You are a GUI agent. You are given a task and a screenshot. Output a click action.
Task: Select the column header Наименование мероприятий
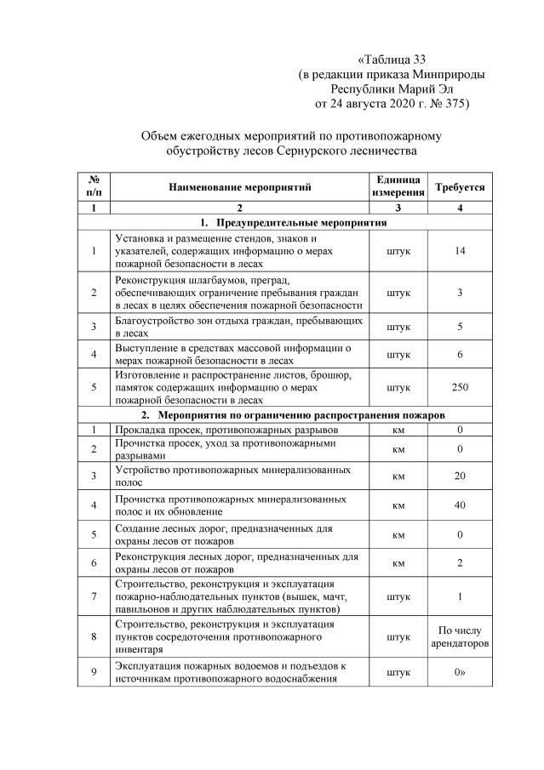[x=239, y=186]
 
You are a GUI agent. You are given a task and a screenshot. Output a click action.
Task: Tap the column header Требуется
[x=460, y=186]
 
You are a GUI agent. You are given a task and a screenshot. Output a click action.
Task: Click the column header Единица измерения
[x=397, y=186]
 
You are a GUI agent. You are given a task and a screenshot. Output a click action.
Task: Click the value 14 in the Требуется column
[x=460, y=252]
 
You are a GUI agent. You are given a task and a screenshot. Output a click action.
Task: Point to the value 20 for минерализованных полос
[x=460, y=476]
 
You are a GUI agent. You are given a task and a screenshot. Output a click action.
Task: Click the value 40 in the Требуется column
[x=460, y=505]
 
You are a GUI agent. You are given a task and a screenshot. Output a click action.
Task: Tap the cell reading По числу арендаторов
[x=460, y=636]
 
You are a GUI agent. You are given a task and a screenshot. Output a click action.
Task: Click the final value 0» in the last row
[x=460, y=672]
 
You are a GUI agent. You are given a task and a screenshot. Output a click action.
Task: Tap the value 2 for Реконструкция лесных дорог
[x=460, y=563]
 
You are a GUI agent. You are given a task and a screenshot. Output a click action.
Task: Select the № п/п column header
[x=94, y=186]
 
